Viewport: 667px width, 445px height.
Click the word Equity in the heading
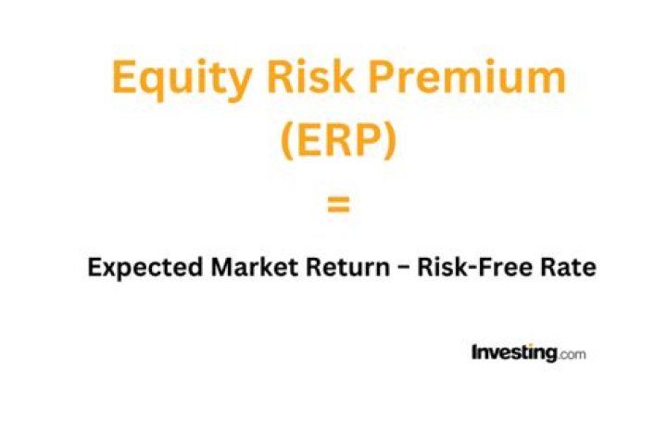[x=182, y=80]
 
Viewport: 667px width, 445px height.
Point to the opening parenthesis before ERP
[x=287, y=139]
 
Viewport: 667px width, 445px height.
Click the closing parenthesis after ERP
[x=390, y=139]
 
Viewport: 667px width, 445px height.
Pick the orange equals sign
[x=338, y=204]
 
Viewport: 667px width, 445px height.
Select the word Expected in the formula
[x=145, y=268]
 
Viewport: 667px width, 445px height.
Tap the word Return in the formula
[x=347, y=267]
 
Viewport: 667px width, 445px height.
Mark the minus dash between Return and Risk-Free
[x=403, y=269]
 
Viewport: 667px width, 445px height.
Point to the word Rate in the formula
[x=568, y=267]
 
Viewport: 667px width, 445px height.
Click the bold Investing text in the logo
[x=514, y=353]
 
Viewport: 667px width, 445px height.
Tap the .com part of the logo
[x=572, y=354]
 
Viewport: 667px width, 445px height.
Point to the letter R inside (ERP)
[x=339, y=139]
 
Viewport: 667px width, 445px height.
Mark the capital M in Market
[x=222, y=267]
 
